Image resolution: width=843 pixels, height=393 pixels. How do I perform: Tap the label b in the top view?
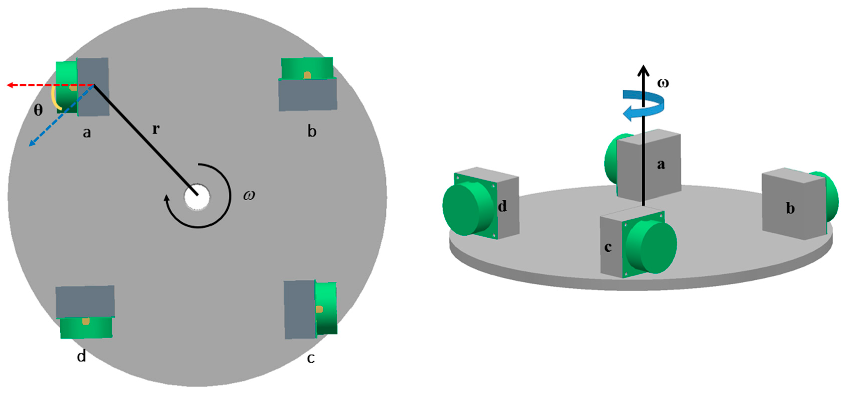tap(312, 131)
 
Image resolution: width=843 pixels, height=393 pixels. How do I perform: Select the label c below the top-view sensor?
tap(311, 358)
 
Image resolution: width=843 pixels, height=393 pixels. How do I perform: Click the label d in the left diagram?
tap(81, 355)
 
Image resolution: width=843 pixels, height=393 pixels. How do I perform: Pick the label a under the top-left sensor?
tap(86, 132)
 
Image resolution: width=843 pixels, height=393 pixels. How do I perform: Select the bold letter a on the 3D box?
tap(661, 164)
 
